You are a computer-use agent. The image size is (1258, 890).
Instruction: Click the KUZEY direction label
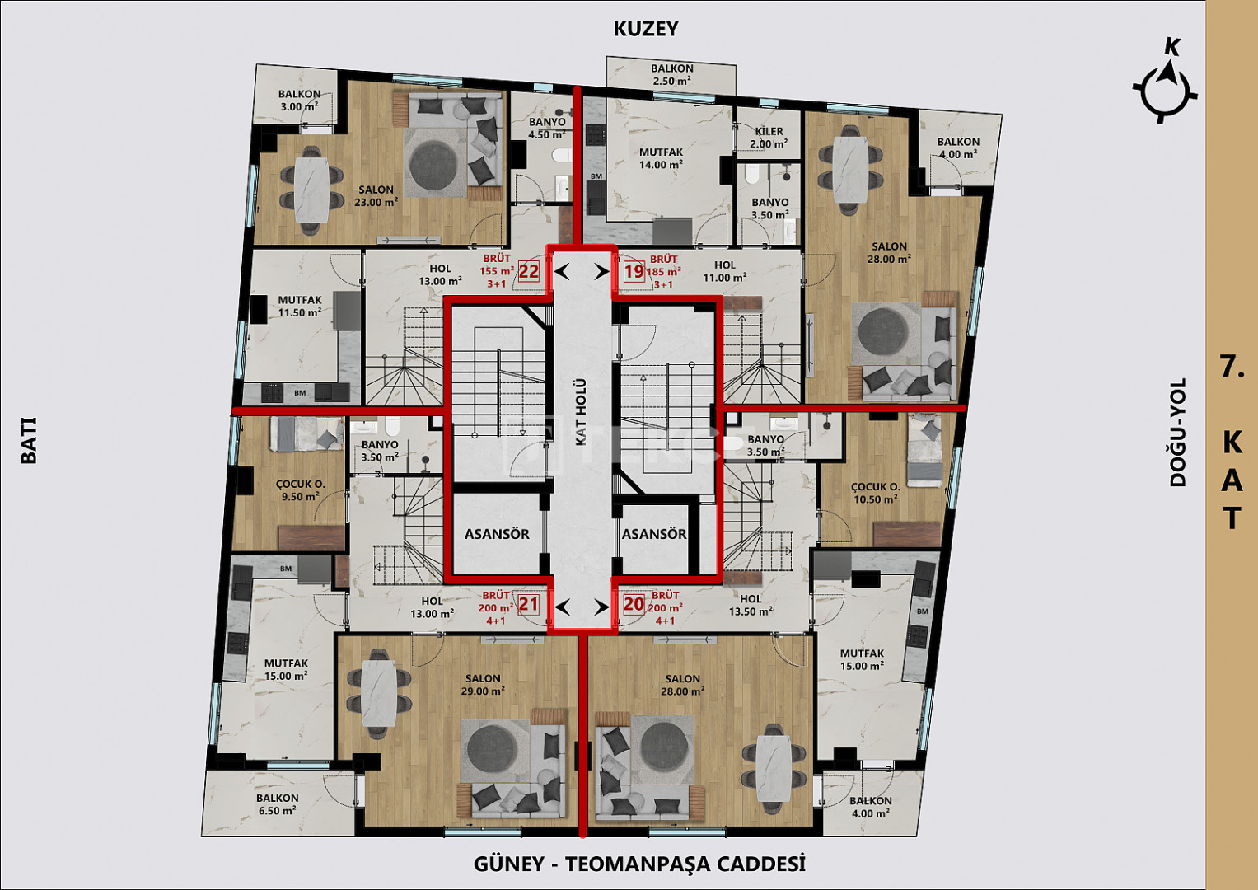(646, 29)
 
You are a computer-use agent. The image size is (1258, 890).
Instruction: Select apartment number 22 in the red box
(528, 272)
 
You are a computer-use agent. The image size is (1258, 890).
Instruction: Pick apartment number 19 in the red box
(634, 272)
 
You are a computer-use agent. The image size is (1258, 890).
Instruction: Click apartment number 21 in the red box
(528, 605)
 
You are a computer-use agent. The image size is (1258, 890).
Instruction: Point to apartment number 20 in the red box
(634, 605)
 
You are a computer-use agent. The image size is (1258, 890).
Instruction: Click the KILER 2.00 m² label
(769, 138)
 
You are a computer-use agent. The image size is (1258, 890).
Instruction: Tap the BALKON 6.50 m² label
(277, 804)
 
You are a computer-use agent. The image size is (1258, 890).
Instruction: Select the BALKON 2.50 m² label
(671, 74)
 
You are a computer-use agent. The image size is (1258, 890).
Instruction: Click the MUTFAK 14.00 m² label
(661, 158)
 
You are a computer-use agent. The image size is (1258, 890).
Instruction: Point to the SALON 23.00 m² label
(376, 196)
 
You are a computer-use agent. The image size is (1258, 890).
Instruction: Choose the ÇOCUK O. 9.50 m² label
(301, 490)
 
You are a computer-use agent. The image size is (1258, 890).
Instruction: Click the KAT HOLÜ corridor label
(582, 412)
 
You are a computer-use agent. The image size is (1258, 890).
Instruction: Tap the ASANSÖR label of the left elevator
(497, 534)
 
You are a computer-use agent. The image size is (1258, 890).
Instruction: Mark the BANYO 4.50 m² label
(547, 128)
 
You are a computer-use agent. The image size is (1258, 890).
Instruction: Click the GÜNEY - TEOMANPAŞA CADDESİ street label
(639, 864)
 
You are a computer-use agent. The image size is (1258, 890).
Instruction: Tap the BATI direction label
(29, 441)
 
